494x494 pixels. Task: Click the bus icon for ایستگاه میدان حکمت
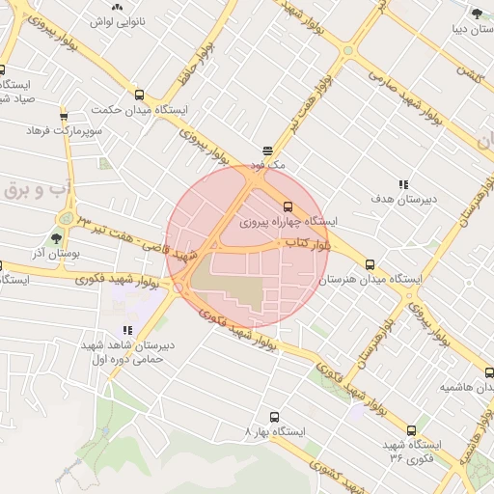pos(140,96)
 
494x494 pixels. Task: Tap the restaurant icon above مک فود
pos(267,151)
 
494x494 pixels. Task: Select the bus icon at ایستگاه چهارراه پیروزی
pos(288,206)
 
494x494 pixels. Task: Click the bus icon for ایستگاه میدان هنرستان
pos(370,264)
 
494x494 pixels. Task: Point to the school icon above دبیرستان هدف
pos(403,184)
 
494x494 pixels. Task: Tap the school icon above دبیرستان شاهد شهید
pos(127,330)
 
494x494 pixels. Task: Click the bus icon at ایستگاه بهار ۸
pos(275,418)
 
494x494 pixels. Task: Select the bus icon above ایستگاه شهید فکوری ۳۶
pos(411,431)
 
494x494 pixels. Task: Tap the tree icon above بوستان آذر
pos(56,236)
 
